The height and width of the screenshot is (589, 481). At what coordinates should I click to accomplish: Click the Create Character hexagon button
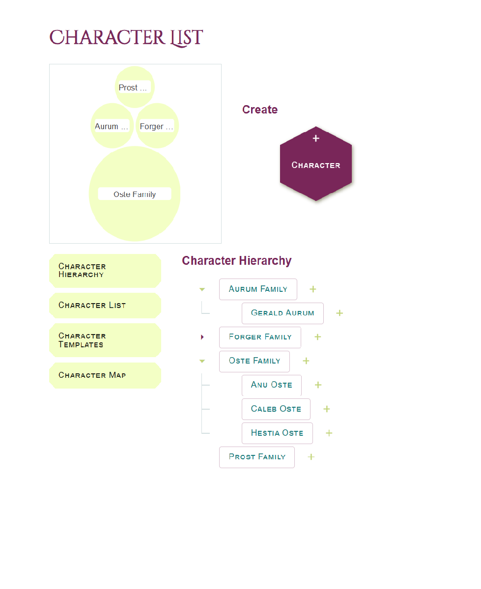point(315,164)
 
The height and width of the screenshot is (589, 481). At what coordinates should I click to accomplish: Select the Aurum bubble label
point(112,126)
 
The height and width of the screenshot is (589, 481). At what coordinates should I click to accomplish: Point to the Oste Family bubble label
point(135,194)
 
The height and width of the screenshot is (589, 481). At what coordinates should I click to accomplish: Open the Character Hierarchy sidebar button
point(105,271)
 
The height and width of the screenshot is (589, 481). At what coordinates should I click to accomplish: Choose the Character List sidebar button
point(105,306)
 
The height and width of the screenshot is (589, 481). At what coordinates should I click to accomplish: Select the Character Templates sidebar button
point(105,340)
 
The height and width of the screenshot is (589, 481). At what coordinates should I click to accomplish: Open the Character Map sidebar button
point(105,375)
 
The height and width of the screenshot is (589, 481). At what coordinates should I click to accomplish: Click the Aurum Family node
point(258,289)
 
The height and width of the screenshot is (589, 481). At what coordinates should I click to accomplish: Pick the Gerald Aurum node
point(283,313)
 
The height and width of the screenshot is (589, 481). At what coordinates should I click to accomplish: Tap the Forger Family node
point(260,337)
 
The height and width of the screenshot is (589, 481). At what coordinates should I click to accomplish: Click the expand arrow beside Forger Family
point(202,337)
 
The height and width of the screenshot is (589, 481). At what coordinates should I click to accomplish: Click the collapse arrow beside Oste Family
point(202,362)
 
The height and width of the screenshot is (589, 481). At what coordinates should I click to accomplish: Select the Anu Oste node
point(272,385)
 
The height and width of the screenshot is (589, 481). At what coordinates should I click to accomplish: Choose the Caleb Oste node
point(276,409)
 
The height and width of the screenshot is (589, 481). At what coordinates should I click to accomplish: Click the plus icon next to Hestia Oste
point(329,433)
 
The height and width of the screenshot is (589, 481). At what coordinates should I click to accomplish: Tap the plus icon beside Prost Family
point(311,457)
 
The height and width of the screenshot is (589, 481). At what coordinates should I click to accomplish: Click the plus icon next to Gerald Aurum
point(340,313)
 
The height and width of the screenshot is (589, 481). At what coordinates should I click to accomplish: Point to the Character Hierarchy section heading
point(237,261)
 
